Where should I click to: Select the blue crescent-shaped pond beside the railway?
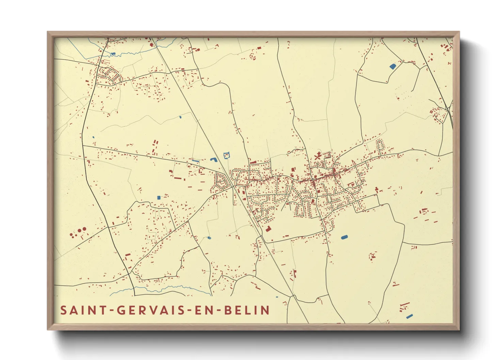214,159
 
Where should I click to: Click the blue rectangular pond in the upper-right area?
393,66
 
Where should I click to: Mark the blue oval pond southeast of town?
344,237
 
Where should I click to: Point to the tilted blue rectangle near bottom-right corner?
409,316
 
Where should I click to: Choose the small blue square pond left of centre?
158,197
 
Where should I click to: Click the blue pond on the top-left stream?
113,53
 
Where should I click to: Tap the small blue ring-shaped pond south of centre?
209,238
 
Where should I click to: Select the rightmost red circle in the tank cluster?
84,229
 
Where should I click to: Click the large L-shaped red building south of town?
268,229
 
